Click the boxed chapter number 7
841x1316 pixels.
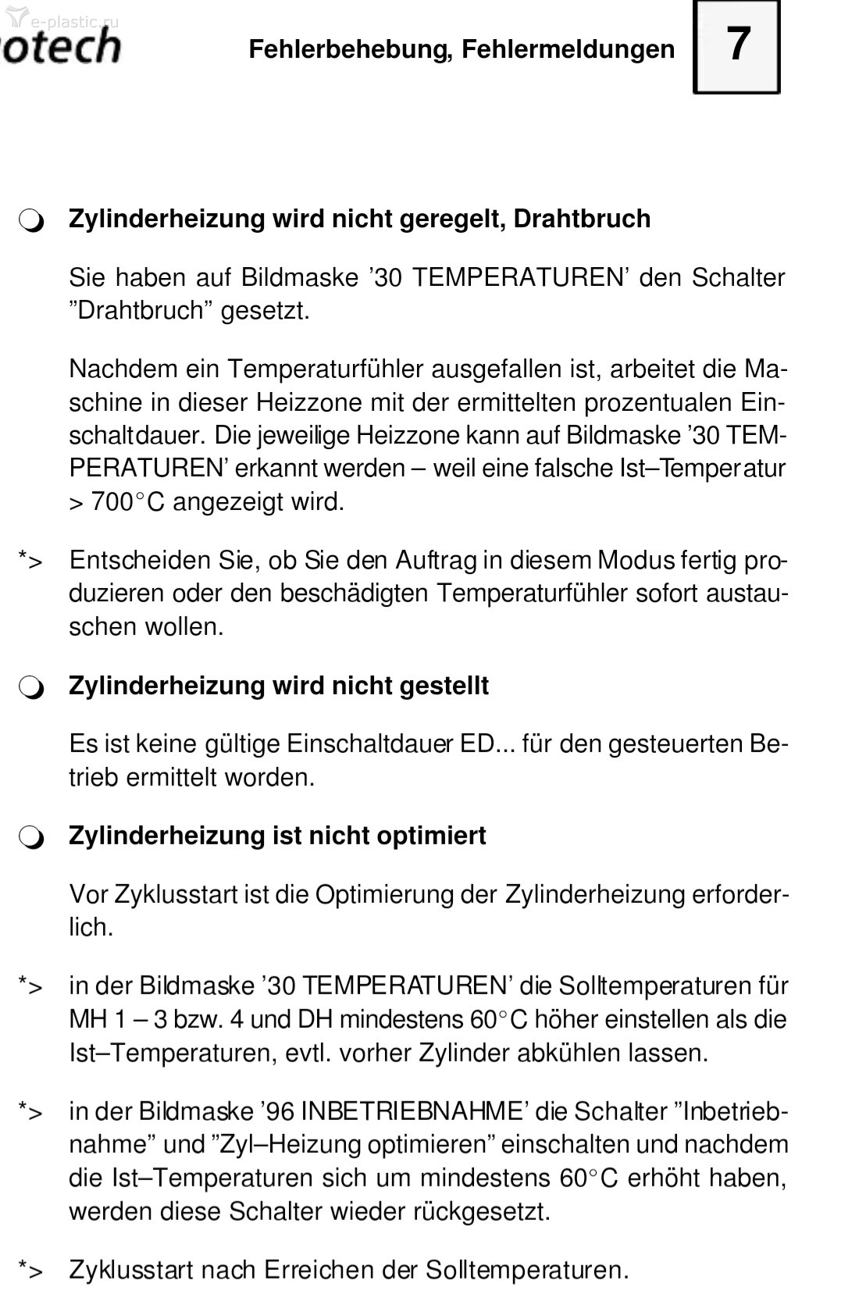737,47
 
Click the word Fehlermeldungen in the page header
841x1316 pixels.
568,49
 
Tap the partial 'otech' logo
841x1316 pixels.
61,47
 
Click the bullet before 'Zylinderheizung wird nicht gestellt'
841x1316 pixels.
32,688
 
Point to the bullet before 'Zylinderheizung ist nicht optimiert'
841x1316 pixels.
32,838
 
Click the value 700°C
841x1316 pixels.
127,501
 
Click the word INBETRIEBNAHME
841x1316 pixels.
411,1111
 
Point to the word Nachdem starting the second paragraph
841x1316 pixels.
117,369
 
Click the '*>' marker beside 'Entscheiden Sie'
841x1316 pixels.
30,561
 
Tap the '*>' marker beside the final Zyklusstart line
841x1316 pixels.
30,1271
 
